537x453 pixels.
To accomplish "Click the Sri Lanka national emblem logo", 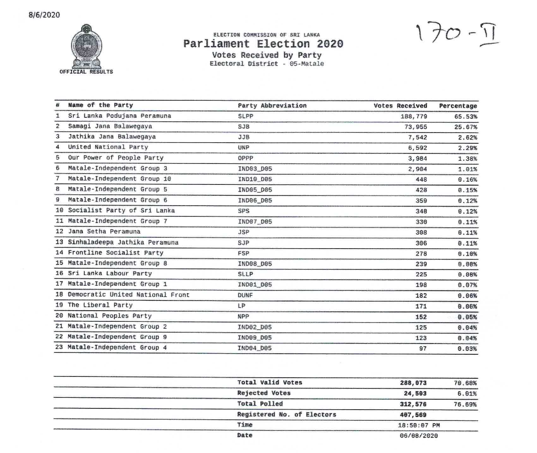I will [86, 46].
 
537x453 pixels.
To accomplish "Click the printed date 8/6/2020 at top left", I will [44, 15].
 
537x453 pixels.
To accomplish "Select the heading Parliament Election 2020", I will [263, 44].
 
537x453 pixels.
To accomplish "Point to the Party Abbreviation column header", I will [272, 106].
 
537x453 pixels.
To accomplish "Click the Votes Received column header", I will [400, 106].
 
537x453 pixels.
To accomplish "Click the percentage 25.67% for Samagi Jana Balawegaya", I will [465, 127].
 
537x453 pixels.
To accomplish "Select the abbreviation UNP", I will [244, 148].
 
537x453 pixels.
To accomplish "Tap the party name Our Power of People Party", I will [116, 158].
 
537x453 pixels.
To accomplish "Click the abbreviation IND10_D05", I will [255, 179].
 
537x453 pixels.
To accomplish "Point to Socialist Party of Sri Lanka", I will [121, 211].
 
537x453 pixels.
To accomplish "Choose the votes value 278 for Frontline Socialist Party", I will [421, 254].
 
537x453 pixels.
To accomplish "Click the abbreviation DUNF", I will [245, 295].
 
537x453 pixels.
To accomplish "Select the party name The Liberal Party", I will [100, 305].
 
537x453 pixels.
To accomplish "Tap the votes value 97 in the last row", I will [423, 349].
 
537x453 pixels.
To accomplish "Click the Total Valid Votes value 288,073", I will [413, 383].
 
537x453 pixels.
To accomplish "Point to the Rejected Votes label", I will [264, 393].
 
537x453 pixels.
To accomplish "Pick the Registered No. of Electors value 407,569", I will [413, 415].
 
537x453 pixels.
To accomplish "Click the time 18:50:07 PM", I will [419, 425].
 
